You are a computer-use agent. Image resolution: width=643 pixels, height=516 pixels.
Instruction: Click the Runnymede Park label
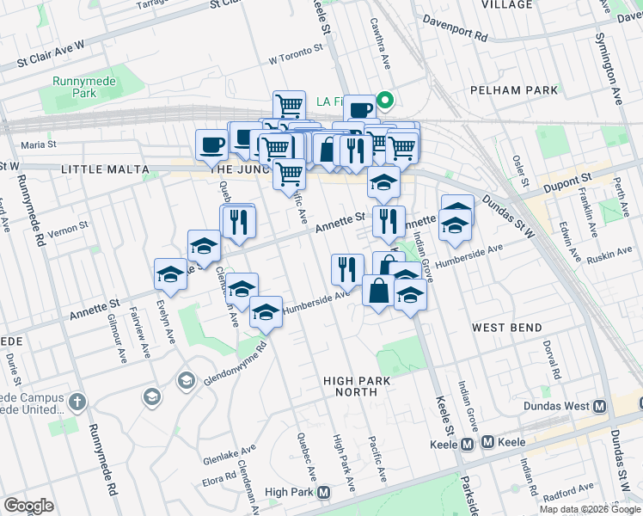point(71,86)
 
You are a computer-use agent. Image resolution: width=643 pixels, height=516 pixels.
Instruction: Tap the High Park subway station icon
point(324,492)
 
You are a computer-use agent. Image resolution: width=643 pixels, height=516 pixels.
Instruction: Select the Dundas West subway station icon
point(600,406)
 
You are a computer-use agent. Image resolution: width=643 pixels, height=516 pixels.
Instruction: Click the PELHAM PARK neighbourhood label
point(514,89)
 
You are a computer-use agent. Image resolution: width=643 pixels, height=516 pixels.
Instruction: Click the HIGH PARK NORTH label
point(351,385)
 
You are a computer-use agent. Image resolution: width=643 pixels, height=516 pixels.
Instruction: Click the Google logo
point(28,506)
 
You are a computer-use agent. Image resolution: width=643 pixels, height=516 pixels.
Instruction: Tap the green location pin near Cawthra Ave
point(386,101)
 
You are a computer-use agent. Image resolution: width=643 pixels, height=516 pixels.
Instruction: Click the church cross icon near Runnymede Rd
point(77,401)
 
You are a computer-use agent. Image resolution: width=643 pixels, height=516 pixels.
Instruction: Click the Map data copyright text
point(589,509)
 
